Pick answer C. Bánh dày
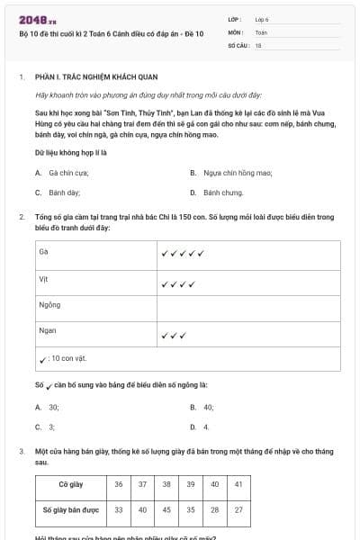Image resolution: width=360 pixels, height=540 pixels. pyautogui.click(x=58, y=193)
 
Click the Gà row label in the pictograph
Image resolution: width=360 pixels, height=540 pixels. pyautogui.click(x=43, y=252)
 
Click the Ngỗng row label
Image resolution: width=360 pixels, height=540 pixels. pyautogui.click(x=49, y=305)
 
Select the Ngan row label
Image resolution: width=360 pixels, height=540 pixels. pyautogui.click(x=47, y=331)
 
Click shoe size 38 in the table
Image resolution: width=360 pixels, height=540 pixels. pyautogui.click(x=166, y=484)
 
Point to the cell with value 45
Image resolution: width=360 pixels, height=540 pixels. pyautogui.click(x=166, y=509)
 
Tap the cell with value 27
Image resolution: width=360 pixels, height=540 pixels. pyautogui.click(x=238, y=509)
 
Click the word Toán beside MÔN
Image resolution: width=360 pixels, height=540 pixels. pyautogui.click(x=261, y=31)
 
